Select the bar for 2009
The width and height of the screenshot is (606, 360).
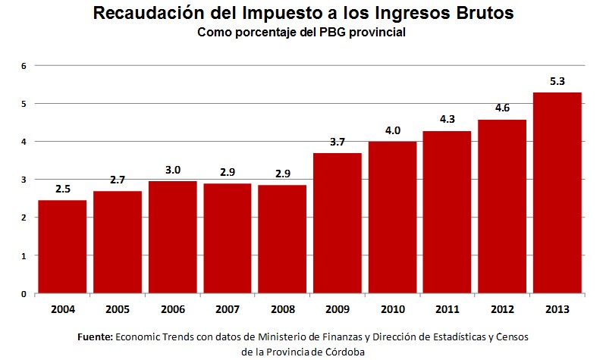[x=337, y=224]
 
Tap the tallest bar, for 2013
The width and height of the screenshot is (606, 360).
[x=557, y=193]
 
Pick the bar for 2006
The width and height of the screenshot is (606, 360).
[x=172, y=237]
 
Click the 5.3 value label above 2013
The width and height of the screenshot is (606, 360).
[x=557, y=81]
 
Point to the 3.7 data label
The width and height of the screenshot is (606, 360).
[x=337, y=142]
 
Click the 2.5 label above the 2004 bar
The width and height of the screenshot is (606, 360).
[x=62, y=189]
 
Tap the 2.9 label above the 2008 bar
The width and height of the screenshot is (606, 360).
[x=281, y=174]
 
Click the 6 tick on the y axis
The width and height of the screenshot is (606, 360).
[x=24, y=66]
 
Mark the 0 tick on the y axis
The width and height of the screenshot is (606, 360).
[x=24, y=294]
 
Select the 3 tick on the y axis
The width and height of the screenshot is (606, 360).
[x=24, y=180]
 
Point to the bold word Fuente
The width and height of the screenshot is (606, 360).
[x=96, y=337]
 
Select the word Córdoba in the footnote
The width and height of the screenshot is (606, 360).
[x=345, y=352]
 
